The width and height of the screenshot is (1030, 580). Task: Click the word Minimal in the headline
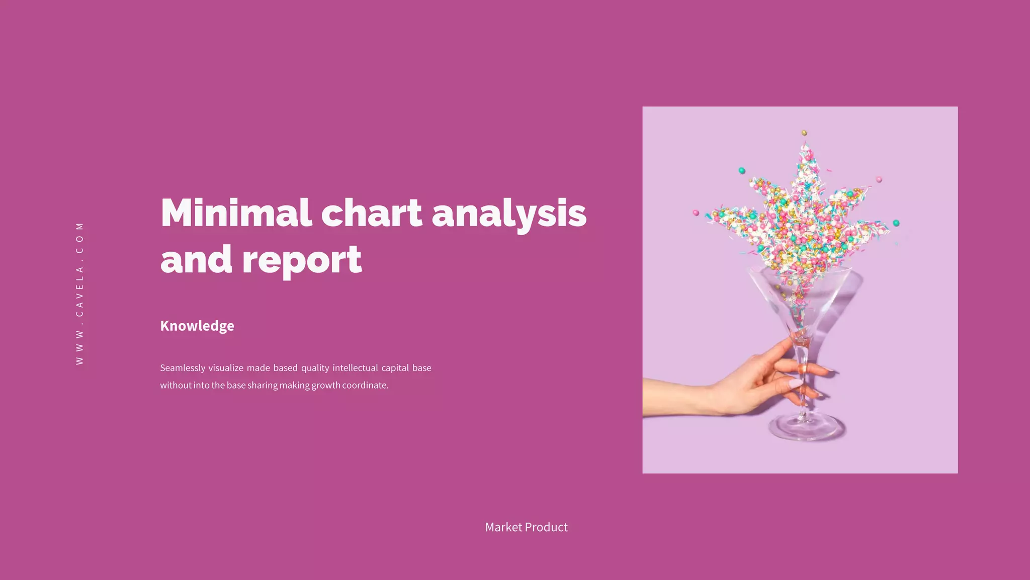(235, 213)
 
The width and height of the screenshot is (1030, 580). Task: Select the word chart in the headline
(371, 213)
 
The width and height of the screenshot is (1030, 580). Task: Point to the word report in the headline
(302, 260)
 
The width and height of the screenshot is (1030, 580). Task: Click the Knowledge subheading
(197, 326)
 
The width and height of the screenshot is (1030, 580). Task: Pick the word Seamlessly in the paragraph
(183, 368)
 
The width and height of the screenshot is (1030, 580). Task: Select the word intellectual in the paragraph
(355, 368)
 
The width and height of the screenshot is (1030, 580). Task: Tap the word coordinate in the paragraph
(365, 386)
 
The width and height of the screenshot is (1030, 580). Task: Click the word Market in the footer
(503, 527)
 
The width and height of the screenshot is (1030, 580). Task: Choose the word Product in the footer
(547, 527)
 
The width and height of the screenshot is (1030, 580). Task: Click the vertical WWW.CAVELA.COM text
(79, 294)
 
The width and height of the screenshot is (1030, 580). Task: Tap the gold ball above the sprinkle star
(804, 133)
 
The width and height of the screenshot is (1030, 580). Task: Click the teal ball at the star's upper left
(742, 171)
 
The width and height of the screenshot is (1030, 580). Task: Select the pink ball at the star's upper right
(879, 179)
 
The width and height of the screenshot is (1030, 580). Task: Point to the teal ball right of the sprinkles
(896, 223)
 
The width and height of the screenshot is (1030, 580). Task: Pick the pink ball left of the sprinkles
(696, 213)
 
